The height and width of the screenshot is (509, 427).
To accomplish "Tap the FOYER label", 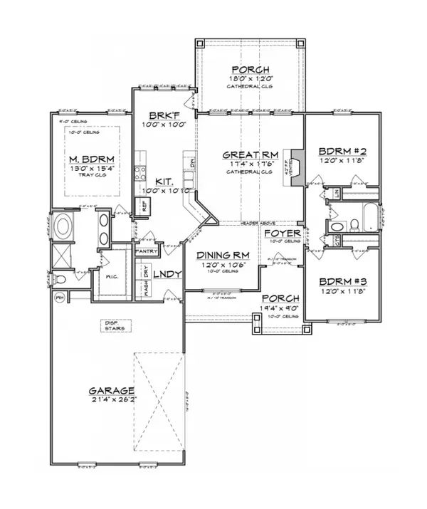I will pos(280,233).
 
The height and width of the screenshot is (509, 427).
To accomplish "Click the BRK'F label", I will pos(163,116).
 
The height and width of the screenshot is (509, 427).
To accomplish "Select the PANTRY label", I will pos(145,251).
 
